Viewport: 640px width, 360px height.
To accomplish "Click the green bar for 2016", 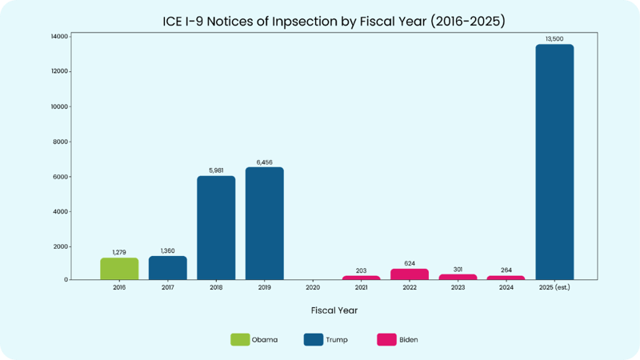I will point(119,269).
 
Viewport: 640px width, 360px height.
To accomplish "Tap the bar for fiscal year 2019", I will point(264,223).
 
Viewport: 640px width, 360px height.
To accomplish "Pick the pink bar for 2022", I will point(410,274).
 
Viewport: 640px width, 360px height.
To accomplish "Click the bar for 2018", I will point(216,228).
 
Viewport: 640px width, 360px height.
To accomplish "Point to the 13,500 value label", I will point(554,38).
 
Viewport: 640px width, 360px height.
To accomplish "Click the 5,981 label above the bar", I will point(216,170).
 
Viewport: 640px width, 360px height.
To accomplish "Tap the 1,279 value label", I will point(119,252).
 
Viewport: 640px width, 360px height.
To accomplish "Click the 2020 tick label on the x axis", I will point(313,287).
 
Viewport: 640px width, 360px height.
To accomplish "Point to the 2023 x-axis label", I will point(458,287).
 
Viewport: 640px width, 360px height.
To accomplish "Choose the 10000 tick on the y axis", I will point(58,106).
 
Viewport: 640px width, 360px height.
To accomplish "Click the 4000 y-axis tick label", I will point(59,212).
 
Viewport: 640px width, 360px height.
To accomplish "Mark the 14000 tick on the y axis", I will point(58,37).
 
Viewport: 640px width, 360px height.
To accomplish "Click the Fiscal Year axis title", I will point(334,310).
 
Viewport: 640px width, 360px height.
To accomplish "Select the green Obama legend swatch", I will point(240,339).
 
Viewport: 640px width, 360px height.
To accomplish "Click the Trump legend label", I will point(337,340).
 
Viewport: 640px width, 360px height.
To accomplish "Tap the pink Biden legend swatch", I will point(386,339).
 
